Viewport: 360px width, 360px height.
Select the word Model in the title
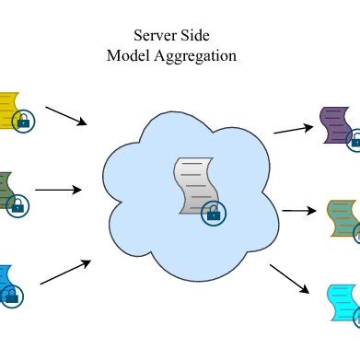pos(127,55)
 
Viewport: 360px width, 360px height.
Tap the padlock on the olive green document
pos(16,205)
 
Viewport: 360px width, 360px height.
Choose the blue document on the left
pos(7,262)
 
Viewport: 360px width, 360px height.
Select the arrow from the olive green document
pos(58,191)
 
